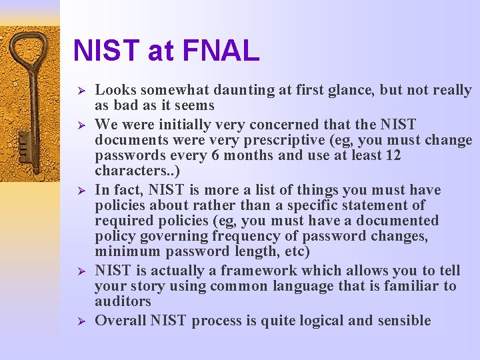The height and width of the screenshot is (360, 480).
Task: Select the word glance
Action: (x=351, y=90)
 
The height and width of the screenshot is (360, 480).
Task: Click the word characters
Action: (x=127, y=171)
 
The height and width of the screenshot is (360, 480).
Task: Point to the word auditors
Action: (x=123, y=301)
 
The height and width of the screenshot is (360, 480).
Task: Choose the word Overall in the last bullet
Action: (x=120, y=321)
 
